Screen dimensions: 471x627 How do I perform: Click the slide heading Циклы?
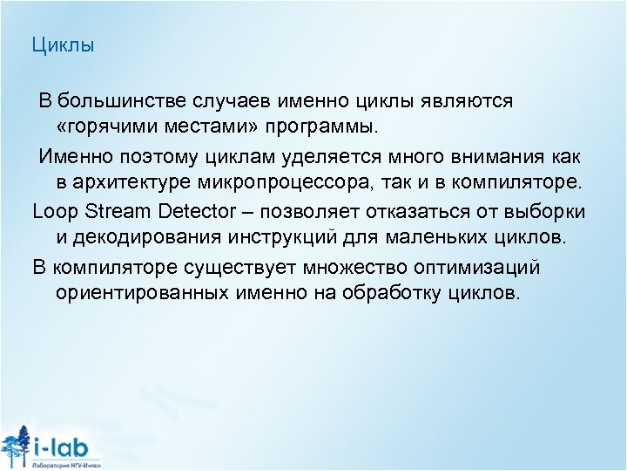click(x=62, y=44)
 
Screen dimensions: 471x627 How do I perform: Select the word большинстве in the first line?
click(x=117, y=100)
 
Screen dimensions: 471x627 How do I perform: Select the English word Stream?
click(x=108, y=211)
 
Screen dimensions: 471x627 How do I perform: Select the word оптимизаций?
click(x=489, y=266)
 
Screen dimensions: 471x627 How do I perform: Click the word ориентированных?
click(x=144, y=293)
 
